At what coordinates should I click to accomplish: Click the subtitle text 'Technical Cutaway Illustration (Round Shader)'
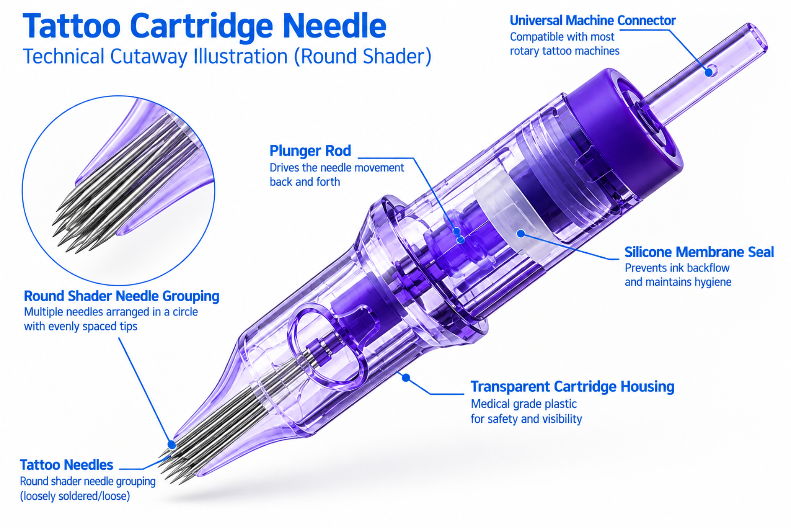pyautogui.click(x=227, y=56)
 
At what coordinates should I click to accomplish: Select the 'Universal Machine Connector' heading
pyautogui.click(x=593, y=20)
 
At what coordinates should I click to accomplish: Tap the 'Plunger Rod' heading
pyautogui.click(x=310, y=151)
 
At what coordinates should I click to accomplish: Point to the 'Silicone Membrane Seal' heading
pyautogui.click(x=699, y=252)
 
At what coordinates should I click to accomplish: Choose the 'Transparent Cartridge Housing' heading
pyautogui.click(x=572, y=387)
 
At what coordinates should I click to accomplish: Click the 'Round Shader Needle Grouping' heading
pyautogui.click(x=122, y=296)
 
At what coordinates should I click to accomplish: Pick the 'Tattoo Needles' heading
pyautogui.click(x=67, y=465)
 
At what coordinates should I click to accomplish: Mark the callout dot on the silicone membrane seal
pyautogui.click(x=521, y=233)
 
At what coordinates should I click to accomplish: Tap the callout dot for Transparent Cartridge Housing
pyautogui.click(x=406, y=378)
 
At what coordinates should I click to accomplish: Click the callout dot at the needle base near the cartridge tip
pyautogui.click(x=172, y=445)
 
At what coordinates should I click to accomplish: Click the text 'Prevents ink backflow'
pyautogui.click(x=677, y=268)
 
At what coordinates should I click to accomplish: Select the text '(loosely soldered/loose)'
pyautogui.click(x=75, y=496)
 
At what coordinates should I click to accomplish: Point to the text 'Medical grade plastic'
pyautogui.click(x=523, y=404)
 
